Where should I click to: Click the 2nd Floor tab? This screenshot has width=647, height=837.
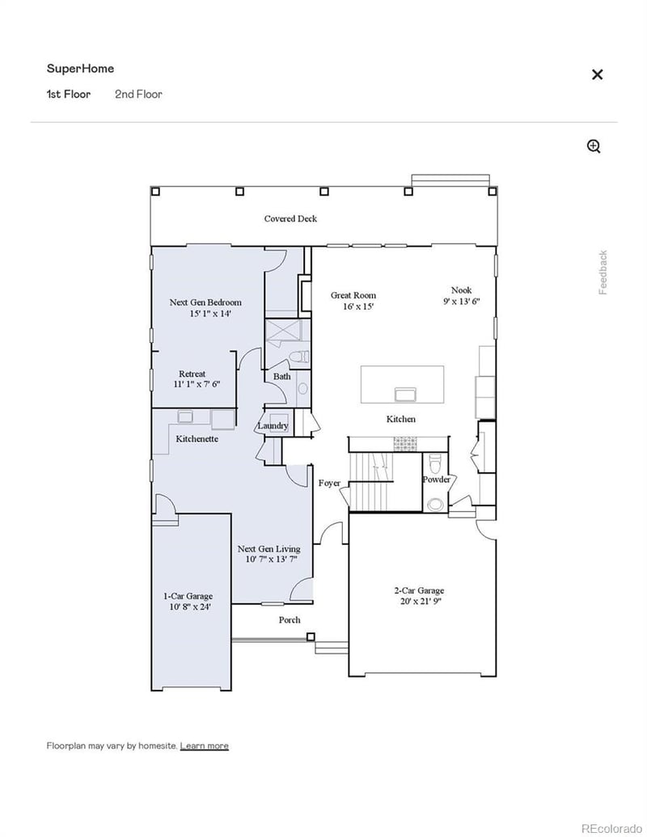pos(138,94)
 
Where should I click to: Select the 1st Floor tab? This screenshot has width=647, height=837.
pos(69,94)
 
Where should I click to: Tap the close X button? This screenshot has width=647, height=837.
pos(597,74)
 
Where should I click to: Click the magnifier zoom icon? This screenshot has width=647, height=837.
pos(594,146)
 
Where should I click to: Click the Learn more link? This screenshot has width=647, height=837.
pos(204,746)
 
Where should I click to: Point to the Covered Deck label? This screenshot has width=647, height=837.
pos(290,218)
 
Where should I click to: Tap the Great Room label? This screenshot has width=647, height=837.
pos(353,295)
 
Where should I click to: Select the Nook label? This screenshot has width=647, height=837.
pos(462,290)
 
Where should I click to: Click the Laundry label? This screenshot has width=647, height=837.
pos(273,426)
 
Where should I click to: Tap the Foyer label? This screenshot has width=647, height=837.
pos(329,483)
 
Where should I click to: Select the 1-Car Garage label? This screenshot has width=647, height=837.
pos(188,596)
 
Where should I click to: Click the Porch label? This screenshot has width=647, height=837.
pos(290,619)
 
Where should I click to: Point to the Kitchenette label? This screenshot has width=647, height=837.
pos(197,438)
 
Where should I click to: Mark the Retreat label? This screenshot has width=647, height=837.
pos(192,374)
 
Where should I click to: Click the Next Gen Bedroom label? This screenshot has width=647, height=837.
pos(205,302)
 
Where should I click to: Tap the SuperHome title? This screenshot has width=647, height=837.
pos(80,69)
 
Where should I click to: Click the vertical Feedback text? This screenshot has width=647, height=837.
pos(603,273)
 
